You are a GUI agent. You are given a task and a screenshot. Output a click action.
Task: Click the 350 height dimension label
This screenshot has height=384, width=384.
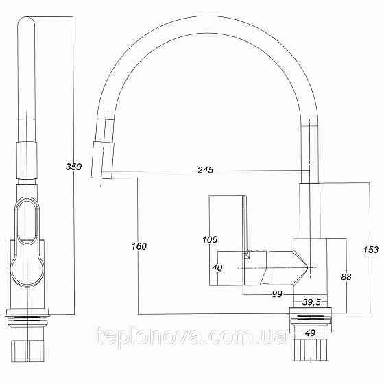click(73, 167)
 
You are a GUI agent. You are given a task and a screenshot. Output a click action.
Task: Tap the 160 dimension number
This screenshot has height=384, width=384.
click(138, 245)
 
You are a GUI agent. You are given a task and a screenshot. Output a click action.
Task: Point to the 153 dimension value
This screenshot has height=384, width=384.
click(370, 250)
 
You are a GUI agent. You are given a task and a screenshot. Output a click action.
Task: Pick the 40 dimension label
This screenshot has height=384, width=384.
click(217, 268)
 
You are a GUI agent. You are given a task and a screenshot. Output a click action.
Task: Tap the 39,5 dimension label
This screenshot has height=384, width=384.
click(313, 302)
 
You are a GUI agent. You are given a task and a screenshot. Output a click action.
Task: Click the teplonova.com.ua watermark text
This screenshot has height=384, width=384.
click(186, 337)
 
